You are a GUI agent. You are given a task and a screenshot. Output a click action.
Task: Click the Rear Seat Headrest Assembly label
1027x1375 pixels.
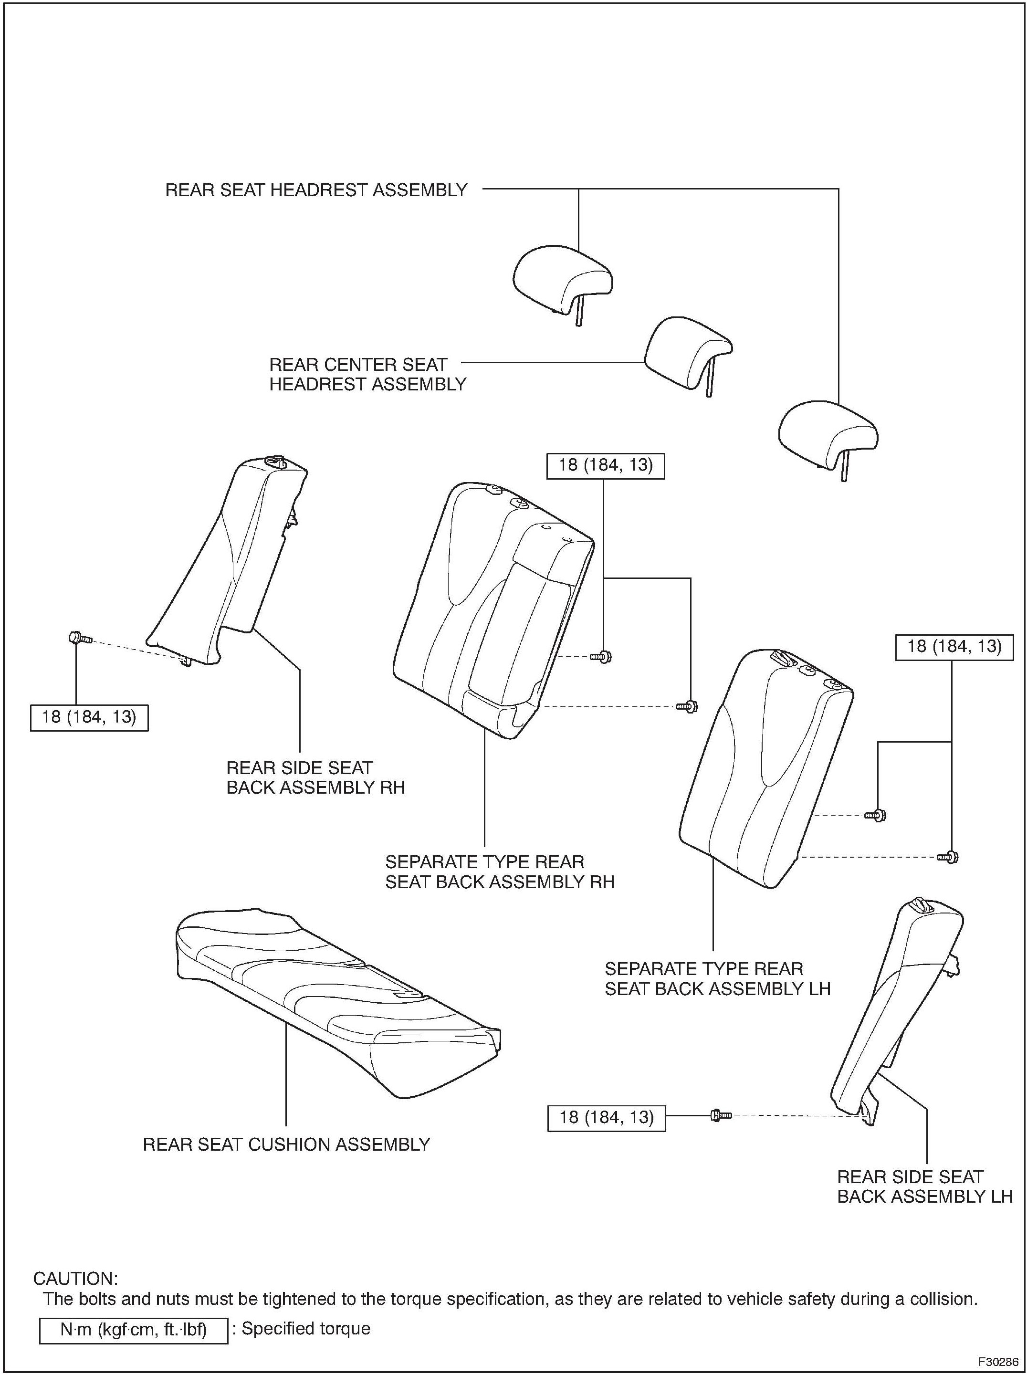tap(316, 190)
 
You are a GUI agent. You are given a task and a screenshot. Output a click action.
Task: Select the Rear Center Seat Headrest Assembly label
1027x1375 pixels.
tap(367, 374)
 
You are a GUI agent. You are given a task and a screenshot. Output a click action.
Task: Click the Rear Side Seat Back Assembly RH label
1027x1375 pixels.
tap(314, 777)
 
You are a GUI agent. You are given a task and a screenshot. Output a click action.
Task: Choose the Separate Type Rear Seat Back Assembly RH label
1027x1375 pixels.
tap(499, 871)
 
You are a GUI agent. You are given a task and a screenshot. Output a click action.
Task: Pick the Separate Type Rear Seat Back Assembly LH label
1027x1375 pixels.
tap(717, 978)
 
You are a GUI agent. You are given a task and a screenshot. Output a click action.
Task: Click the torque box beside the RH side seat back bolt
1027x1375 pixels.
tap(89, 717)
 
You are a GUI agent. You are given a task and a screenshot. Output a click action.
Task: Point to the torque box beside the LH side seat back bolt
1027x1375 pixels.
tap(606, 1118)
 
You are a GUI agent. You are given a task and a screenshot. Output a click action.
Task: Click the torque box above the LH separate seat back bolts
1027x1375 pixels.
tap(954, 647)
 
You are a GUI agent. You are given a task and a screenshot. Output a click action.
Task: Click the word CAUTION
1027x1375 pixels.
tap(74, 1279)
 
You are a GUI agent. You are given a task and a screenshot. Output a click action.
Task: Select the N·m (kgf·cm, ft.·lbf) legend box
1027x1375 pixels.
tap(133, 1330)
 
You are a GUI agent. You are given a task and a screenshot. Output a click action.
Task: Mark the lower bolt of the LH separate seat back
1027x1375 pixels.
tap(948, 857)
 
